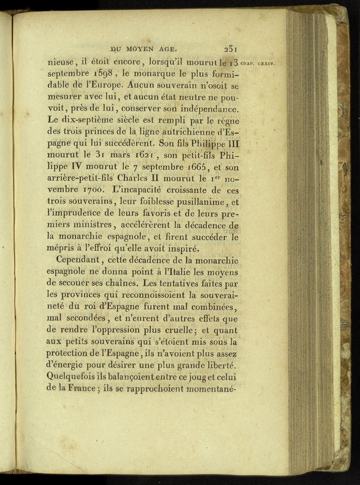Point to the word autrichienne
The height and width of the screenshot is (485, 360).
187,130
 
